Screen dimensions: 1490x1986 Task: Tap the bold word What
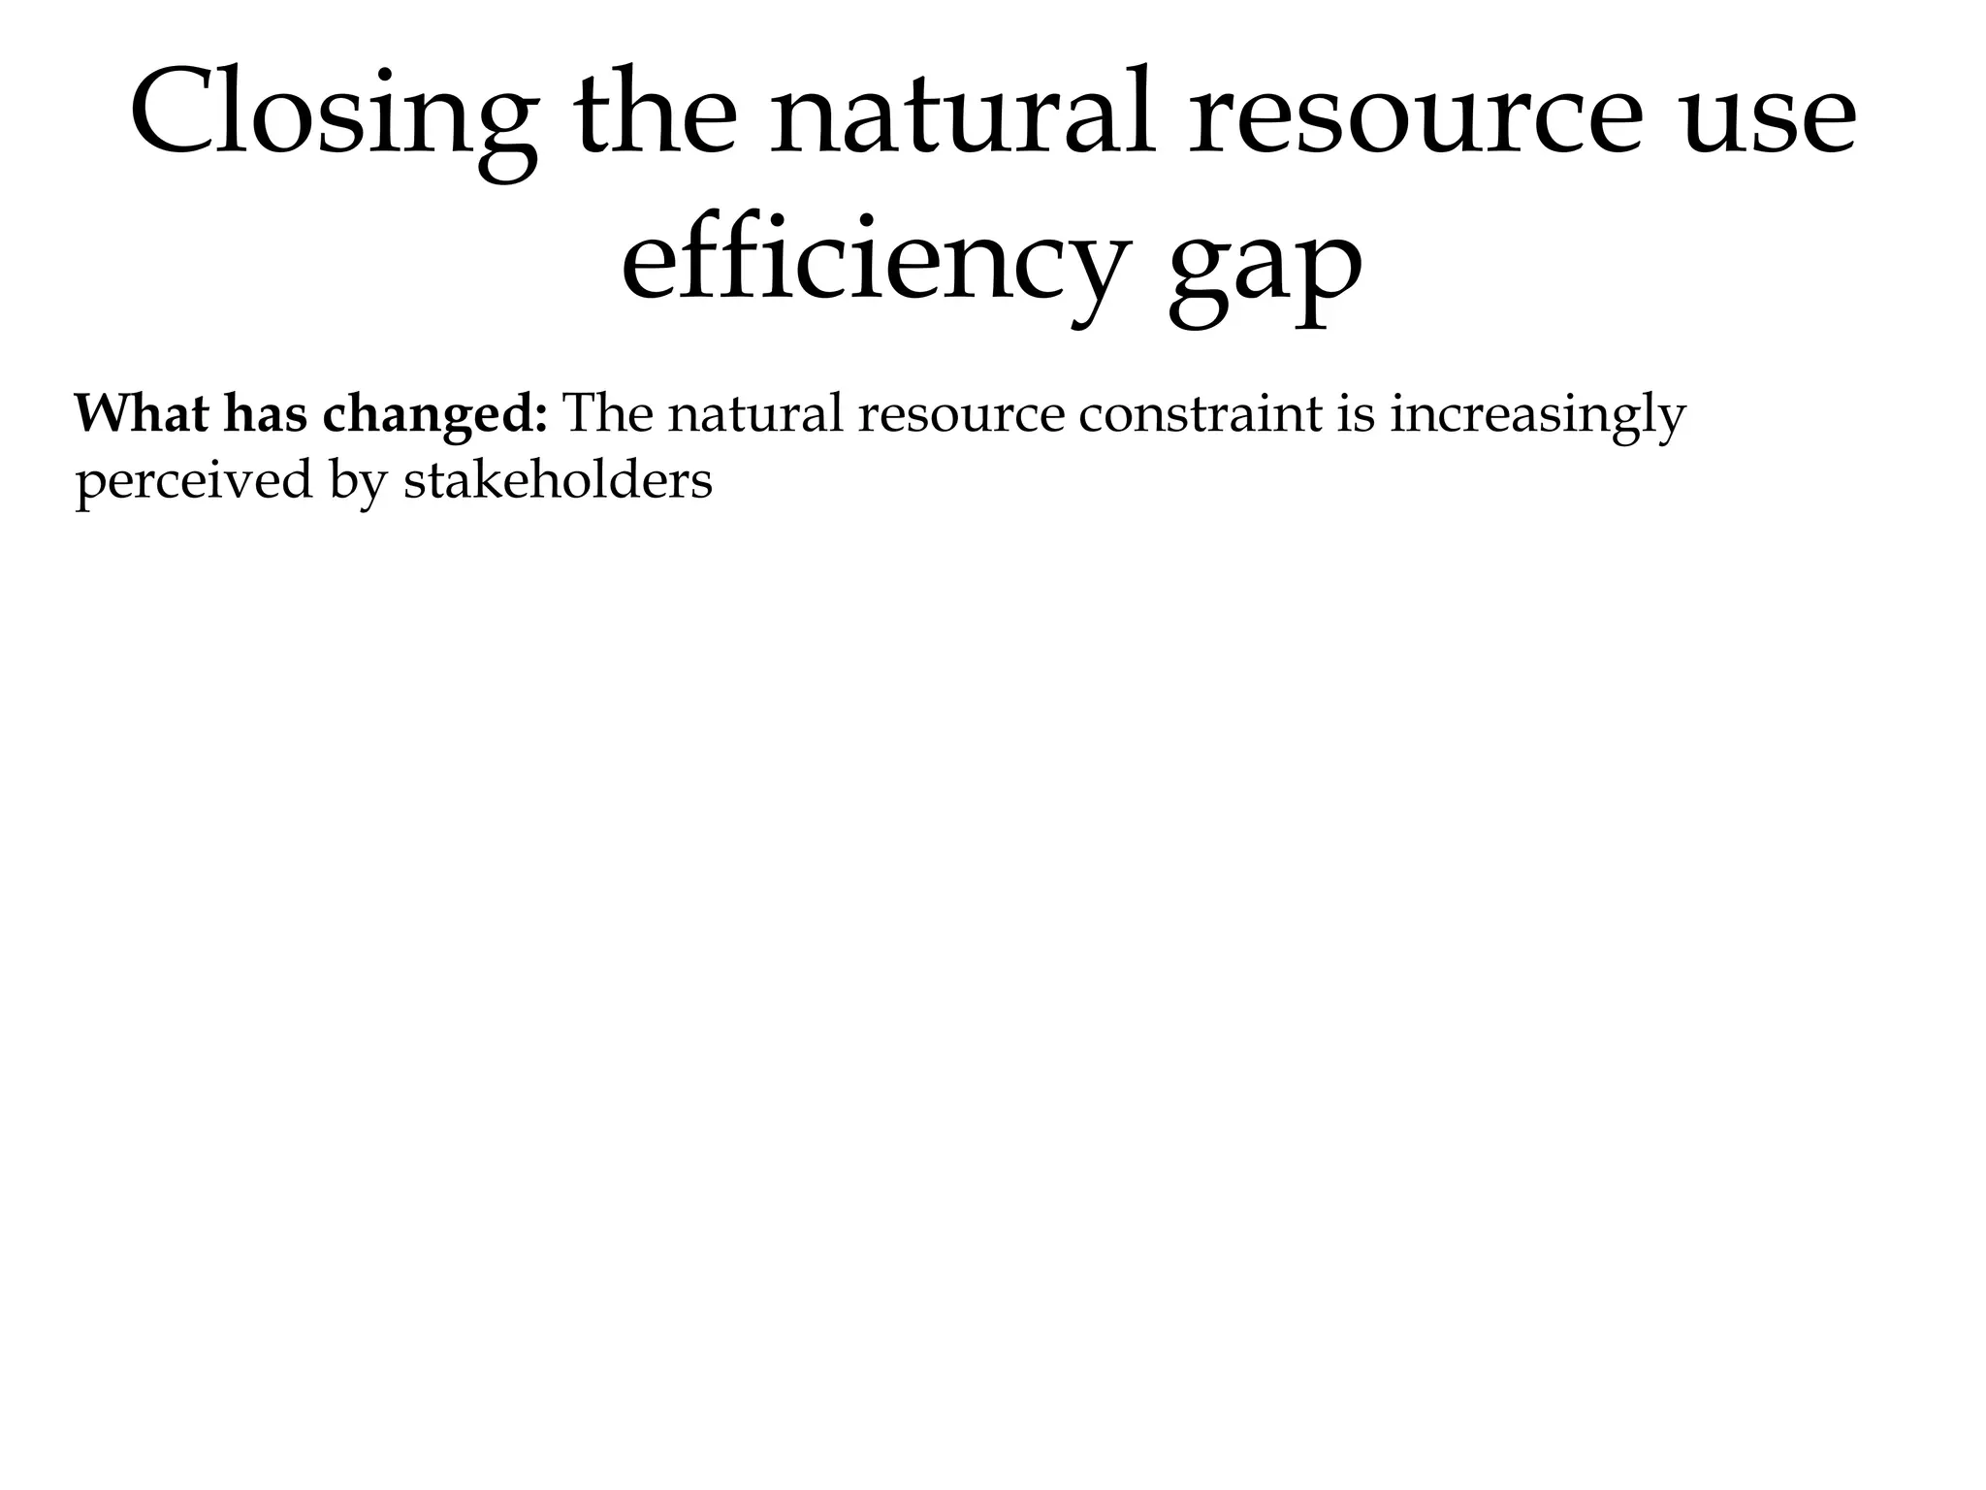141,414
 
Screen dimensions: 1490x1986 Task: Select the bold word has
264,414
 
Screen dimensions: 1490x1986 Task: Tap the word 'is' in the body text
1356,414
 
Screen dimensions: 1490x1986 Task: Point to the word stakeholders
558,480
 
